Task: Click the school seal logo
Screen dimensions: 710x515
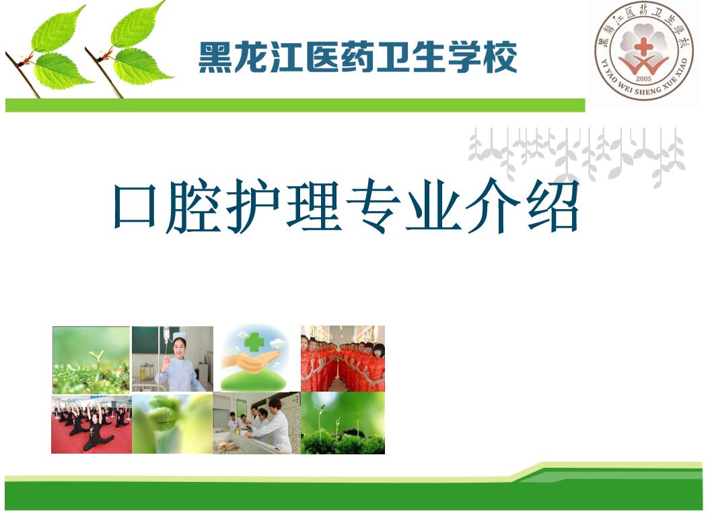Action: [643, 53]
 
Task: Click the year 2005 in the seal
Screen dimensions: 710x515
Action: [643, 78]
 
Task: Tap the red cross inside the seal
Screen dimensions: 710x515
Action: [643, 47]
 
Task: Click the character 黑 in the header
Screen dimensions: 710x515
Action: [215, 57]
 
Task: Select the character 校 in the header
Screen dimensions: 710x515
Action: [500, 57]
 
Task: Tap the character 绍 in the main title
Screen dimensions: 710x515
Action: [553, 206]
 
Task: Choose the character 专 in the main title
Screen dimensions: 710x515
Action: [375, 206]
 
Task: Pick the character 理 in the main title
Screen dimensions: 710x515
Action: [314, 206]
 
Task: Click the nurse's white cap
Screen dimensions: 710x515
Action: [179, 336]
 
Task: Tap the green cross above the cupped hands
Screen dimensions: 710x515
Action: [255, 341]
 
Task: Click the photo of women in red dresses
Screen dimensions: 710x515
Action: [343, 359]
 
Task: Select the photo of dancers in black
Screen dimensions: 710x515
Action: [92, 425]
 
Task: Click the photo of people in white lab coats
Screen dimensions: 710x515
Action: [256, 423]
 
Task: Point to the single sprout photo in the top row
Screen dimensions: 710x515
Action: [91, 360]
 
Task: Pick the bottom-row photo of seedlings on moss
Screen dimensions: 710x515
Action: [343, 423]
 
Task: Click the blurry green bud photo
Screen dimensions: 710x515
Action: [172, 424]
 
